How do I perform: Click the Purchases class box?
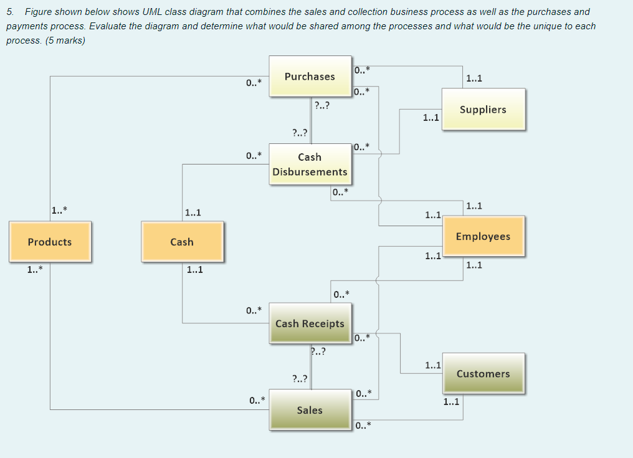310,77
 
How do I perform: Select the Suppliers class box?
483,110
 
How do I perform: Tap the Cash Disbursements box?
310,165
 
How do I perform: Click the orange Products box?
50,242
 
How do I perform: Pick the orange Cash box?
182,242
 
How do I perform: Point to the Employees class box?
483,237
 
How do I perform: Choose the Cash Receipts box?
310,323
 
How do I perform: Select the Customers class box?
483,374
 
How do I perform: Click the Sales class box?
310,410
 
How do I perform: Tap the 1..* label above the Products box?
60,209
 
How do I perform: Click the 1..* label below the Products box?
35,270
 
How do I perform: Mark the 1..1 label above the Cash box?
193,213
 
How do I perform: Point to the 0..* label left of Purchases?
254,82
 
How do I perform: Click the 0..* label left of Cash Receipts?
254,310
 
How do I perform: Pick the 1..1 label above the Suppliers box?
474,79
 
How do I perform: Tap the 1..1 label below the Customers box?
451,402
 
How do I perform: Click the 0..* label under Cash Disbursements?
340,193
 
